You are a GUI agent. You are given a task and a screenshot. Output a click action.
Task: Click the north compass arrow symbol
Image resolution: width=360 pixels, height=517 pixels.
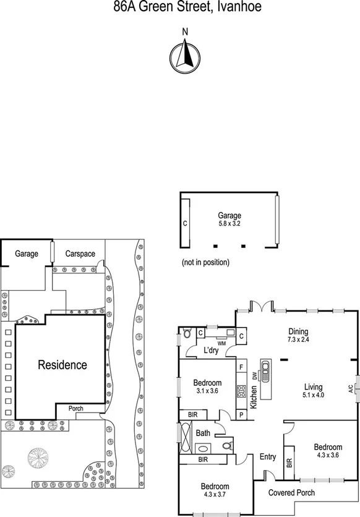point(183,54)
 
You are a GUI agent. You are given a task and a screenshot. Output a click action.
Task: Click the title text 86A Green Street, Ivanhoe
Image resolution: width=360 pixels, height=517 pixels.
point(179,7)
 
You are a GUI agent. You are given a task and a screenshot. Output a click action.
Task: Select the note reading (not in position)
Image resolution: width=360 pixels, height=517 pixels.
point(205,262)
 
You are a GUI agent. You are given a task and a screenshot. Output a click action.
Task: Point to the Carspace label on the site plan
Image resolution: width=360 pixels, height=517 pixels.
point(80,254)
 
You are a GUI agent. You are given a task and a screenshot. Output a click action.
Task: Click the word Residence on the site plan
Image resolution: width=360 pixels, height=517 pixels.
point(62,364)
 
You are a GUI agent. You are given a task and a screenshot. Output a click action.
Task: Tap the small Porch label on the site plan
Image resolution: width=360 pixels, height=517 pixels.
point(75,408)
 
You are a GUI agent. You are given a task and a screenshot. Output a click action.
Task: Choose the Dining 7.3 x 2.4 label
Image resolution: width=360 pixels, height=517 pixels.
point(298,335)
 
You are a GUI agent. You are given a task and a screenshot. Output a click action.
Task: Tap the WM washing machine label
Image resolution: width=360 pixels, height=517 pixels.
point(221,342)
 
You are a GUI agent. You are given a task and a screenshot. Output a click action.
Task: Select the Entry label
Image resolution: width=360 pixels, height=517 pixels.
point(268,456)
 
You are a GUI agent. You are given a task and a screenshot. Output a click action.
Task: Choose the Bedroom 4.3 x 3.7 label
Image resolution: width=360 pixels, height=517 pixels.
point(214,490)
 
